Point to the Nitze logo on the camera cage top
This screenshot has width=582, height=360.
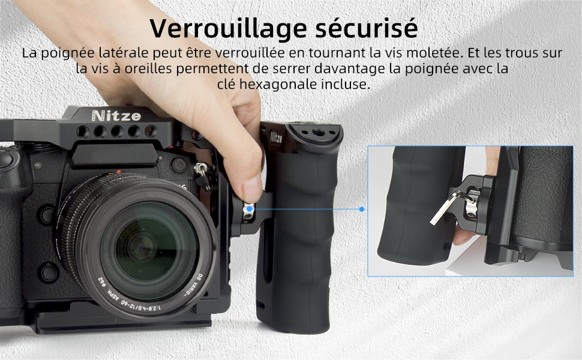click(116, 116)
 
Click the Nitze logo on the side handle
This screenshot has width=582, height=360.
click(275, 137)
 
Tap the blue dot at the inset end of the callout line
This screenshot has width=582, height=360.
click(362, 209)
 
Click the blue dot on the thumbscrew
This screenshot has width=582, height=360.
click(250, 209)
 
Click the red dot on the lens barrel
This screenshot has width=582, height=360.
click(118, 172)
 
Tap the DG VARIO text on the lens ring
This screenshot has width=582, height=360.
click(194, 284)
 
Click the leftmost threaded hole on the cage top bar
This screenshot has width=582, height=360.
click(83, 131)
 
